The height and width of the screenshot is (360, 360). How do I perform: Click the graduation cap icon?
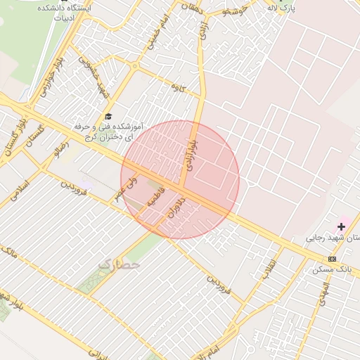pos(108,116)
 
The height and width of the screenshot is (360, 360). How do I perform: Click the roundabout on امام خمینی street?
pos(134,67)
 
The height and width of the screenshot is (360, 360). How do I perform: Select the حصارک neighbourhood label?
pos(120,265)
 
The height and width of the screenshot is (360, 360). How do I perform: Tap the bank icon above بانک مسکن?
pos(332,259)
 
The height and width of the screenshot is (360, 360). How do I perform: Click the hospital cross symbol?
pos(342,226)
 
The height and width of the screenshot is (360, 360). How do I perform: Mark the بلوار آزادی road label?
pos(190,148)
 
